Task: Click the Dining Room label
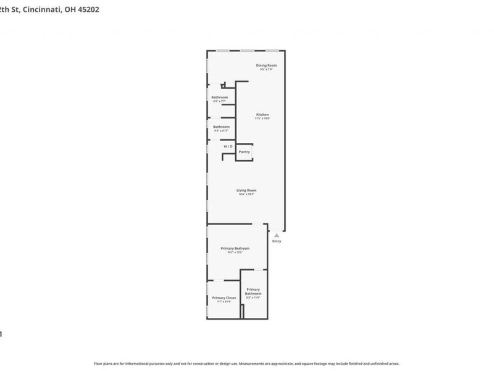267,65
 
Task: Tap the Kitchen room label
263,114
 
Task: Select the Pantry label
245,151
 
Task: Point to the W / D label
228,146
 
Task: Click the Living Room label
246,190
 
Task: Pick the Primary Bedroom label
235,248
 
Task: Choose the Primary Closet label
224,297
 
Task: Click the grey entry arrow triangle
277,235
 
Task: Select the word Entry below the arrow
277,241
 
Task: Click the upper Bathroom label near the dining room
220,97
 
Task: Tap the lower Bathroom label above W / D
221,127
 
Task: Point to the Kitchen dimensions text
263,118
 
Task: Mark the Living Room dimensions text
246,194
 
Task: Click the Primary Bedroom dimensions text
235,252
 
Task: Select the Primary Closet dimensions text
224,302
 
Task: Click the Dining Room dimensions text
267,69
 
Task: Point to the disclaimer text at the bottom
246,364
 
